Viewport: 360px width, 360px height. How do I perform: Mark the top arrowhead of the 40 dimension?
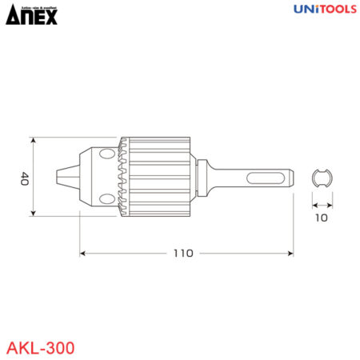coord(33,139)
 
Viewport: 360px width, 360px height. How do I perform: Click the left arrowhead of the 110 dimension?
coord(83,253)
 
